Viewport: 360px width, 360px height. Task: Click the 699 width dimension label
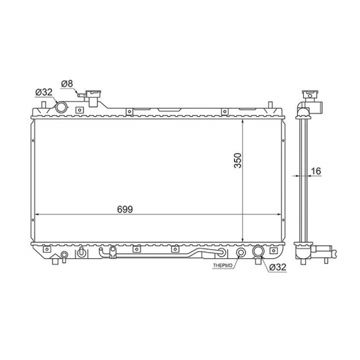[x=125, y=209]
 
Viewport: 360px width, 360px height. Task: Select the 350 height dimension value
[x=237, y=161]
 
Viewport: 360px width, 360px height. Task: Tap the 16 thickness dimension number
[x=316, y=171]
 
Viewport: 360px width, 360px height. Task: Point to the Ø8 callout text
[x=67, y=84]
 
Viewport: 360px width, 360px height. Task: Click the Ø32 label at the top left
[x=44, y=92]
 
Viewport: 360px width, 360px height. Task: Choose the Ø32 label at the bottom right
[x=278, y=267]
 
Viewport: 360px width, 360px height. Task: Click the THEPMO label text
[x=223, y=266]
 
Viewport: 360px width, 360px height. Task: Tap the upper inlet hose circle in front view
[x=62, y=107]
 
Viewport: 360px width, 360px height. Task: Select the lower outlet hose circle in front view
[x=258, y=251]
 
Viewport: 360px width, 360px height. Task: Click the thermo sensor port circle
[x=241, y=253]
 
